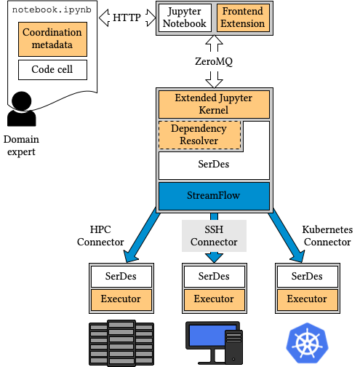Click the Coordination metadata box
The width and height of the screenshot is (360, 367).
(52, 39)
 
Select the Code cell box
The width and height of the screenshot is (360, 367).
(52, 70)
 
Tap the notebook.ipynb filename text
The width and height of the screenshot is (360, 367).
(52, 9)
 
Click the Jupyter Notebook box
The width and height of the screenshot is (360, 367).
(185, 17)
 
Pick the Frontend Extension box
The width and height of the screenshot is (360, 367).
(243, 17)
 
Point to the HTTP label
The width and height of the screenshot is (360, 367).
(127, 17)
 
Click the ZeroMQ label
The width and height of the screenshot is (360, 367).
(214, 61)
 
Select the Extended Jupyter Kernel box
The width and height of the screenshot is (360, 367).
(214, 104)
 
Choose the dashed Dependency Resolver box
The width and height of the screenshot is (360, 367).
(199, 135)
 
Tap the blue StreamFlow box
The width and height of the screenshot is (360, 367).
(214, 196)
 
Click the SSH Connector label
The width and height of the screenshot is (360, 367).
(214, 236)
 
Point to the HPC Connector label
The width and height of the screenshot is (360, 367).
(100, 236)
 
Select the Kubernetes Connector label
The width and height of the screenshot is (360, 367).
(327, 236)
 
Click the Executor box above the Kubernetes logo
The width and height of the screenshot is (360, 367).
(308, 299)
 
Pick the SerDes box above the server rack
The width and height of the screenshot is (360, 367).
(121, 277)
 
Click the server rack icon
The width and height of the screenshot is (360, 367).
(121, 343)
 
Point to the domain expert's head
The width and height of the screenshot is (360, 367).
(22, 101)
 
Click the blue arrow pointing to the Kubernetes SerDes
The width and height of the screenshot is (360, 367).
(286, 235)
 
